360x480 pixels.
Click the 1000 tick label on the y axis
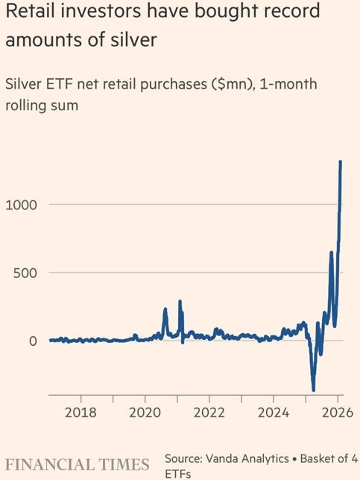[x=21, y=205]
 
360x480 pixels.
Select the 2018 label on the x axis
[x=80, y=411]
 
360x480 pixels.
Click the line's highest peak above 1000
[x=341, y=162]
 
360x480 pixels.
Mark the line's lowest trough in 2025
[x=313, y=389]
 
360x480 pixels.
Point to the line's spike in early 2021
[x=180, y=302]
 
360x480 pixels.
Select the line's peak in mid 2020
[x=165, y=309]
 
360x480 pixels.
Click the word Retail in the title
[x=31, y=13]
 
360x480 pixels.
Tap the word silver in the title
[x=139, y=40]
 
